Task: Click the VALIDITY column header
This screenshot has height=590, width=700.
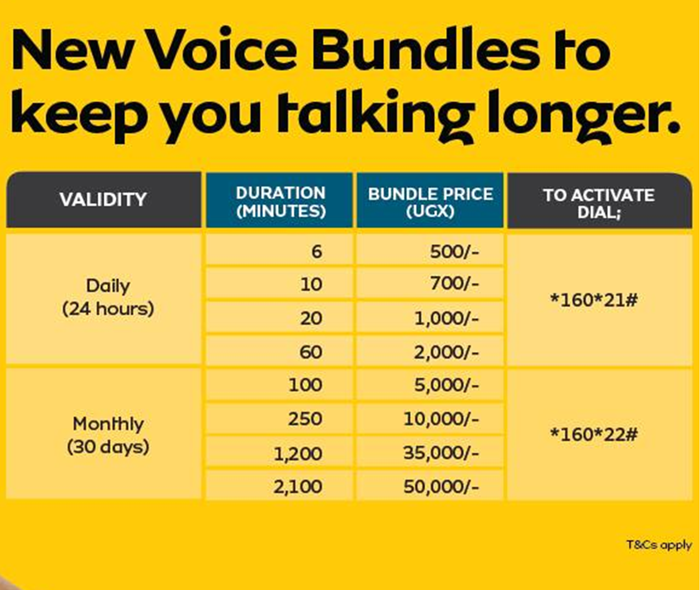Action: pos(103,200)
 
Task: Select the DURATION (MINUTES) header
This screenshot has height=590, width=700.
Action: pos(281,202)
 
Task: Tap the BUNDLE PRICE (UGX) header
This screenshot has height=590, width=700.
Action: pos(430,202)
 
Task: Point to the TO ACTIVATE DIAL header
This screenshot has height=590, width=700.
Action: pos(599,204)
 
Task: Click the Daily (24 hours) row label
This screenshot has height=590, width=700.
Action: pos(108,297)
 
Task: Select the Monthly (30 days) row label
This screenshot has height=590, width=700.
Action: pos(108,435)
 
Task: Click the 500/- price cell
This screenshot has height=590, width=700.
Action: pos(454,252)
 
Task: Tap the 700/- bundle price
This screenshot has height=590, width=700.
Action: pos(454,284)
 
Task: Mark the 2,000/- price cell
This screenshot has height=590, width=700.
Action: pos(446,352)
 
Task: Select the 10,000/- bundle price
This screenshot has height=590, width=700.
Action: pos(441,419)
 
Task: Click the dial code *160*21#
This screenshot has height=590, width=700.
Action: pos(594,300)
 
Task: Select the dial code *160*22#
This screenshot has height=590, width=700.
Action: pos(594,435)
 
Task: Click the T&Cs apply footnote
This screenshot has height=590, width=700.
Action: pos(659,545)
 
